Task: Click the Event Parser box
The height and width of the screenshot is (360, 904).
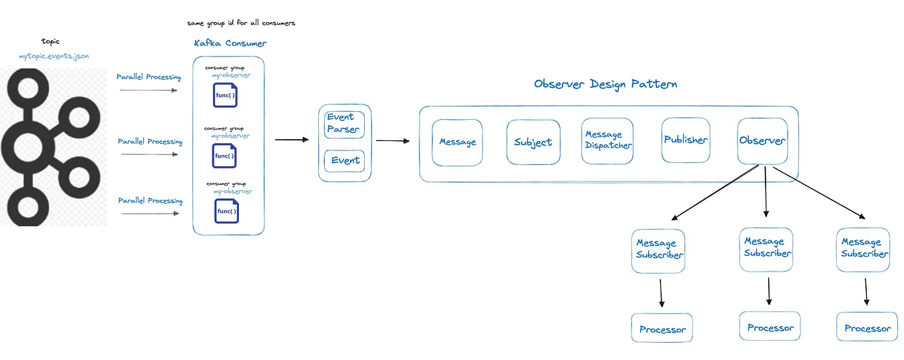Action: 344,124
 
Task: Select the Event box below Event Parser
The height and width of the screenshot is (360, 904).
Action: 344,160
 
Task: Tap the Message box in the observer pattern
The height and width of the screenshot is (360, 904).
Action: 457,142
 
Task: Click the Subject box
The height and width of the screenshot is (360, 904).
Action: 533,142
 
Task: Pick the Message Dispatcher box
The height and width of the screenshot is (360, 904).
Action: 607,141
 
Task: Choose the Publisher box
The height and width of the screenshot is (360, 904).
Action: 686,140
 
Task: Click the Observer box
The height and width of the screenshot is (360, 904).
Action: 762,141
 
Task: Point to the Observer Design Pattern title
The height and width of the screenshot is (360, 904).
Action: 606,85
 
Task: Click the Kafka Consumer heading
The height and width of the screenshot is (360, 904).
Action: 230,43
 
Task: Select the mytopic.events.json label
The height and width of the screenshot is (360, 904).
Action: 54,57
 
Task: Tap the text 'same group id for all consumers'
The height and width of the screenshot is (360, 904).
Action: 241,23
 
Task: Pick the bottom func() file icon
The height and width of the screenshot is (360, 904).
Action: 226,212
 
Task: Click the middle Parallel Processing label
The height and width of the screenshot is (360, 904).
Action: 150,142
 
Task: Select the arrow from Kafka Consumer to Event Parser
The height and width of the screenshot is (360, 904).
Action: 292,140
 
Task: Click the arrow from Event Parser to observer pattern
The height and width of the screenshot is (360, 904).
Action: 393,140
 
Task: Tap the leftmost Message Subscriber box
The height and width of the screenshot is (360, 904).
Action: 659,250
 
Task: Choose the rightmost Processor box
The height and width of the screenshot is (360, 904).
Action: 867,328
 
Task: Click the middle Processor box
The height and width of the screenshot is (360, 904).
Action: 770,327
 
